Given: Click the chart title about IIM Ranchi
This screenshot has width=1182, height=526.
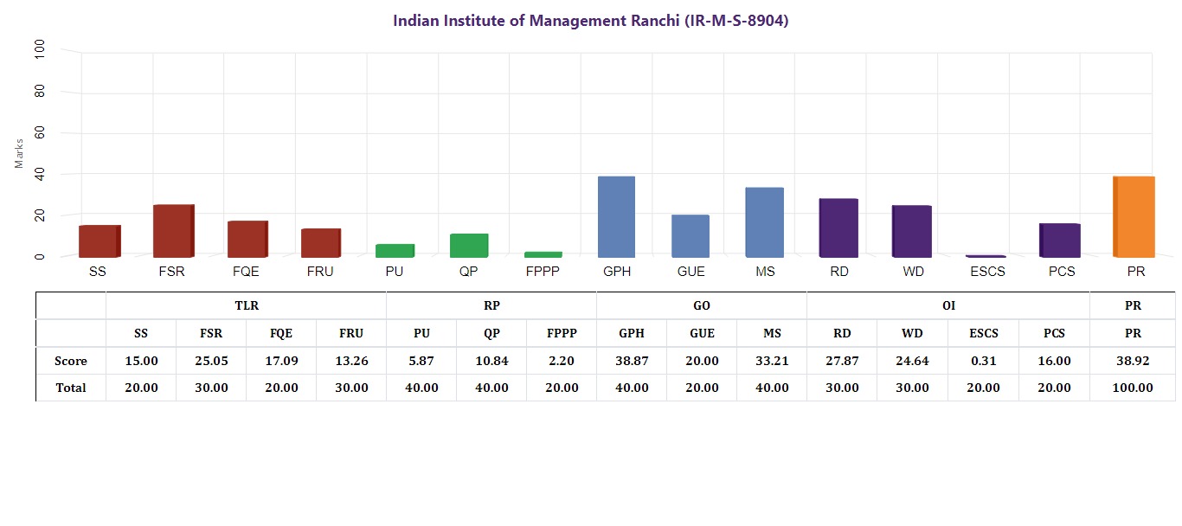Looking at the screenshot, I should point(590,21).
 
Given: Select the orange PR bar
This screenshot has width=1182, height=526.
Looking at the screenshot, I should point(1134,216).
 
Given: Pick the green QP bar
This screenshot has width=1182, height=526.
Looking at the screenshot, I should point(469,246).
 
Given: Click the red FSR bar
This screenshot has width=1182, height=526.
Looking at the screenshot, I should point(173,231).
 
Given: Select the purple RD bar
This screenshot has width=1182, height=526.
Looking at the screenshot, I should point(838,228).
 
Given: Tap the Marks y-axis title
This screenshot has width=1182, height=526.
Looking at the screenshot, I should point(19,152).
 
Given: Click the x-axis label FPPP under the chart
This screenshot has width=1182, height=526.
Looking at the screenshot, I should point(543,272).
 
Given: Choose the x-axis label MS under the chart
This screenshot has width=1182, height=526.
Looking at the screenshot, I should point(764,272).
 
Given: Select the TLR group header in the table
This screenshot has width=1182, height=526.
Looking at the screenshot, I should point(246,305).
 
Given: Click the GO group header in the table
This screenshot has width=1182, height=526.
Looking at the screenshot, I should point(701,305).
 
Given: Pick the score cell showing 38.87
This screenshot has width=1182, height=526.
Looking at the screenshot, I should point(631,361).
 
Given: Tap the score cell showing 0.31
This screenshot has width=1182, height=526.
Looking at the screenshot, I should point(983,361).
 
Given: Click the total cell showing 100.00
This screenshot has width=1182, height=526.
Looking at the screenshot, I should point(1133,388).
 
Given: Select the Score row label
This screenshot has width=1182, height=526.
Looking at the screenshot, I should point(71,361).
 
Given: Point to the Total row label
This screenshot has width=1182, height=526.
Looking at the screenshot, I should point(71,388).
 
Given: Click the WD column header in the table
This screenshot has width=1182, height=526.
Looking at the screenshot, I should point(912,333).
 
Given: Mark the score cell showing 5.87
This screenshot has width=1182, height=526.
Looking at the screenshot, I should point(421,361).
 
